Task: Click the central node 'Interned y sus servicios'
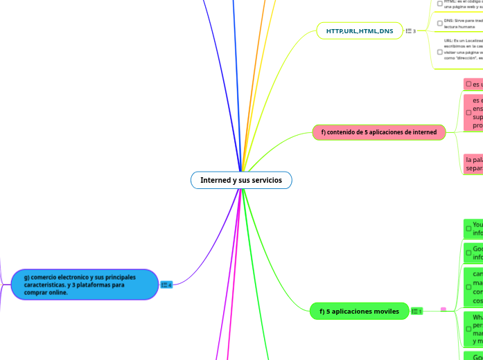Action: click(x=241, y=180)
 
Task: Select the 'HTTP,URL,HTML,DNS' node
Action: click(x=359, y=31)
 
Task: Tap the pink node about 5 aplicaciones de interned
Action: click(x=378, y=132)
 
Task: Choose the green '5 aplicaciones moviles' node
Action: click(x=359, y=312)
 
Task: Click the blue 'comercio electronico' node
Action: click(x=85, y=285)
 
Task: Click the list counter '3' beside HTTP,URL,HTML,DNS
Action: click(x=410, y=31)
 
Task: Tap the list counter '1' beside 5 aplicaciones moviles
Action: click(x=416, y=312)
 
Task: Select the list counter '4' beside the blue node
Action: click(x=166, y=285)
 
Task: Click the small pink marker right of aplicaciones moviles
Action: click(x=444, y=309)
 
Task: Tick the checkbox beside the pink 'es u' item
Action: click(x=468, y=84)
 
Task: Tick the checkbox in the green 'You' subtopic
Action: click(x=468, y=228)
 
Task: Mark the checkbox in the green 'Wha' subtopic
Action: click(x=468, y=328)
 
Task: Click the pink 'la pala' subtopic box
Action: click(x=473, y=163)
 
